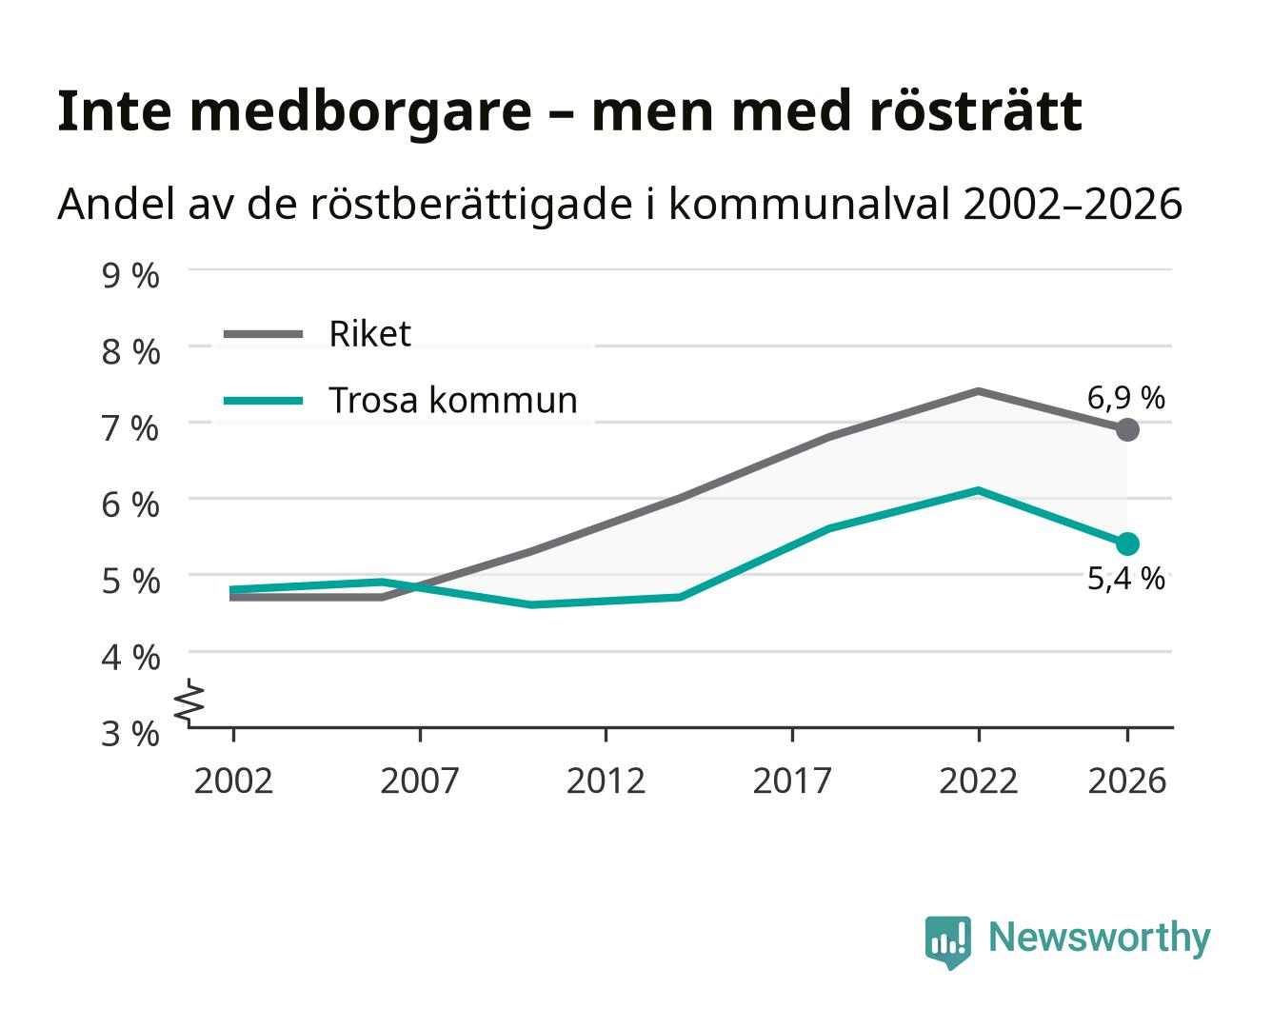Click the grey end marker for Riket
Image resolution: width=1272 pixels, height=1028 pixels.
click(x=1127, y=429)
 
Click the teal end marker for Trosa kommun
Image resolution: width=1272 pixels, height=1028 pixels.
click(x=1127, y=544)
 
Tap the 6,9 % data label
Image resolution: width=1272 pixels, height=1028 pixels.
click(x=1125, y=398)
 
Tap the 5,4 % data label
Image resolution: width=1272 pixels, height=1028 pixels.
click(x=1125, y=579)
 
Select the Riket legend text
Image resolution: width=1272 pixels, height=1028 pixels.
click(x=369, y=333)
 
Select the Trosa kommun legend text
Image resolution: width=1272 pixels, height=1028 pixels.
click(x=453, y=400)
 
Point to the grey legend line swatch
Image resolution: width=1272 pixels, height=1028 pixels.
click(x=263, y=334)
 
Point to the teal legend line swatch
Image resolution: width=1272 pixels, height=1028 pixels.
click(x=263, y=401)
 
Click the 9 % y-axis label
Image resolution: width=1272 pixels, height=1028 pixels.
click(x=130, y=276)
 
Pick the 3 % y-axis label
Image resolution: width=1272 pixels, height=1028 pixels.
click(x=130, y=734)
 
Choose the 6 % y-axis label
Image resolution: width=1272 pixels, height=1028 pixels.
click(x=130, y=505)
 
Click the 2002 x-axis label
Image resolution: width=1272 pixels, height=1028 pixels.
click(x=233, y=781)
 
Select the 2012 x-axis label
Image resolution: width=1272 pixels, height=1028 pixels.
click(x=606, y=781)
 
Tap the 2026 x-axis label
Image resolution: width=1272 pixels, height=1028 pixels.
click(x=1127, y=781)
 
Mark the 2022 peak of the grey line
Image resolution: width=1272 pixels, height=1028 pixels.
click(x=978, y=391)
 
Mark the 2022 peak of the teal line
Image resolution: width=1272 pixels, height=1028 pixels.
click(x=978, y=491)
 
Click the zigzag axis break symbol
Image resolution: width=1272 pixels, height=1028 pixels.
click(x=189, y=702)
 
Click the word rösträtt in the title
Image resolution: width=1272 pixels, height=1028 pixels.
click(x=977, y=111)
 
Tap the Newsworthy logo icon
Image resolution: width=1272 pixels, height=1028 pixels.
click(x=947, y=942)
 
